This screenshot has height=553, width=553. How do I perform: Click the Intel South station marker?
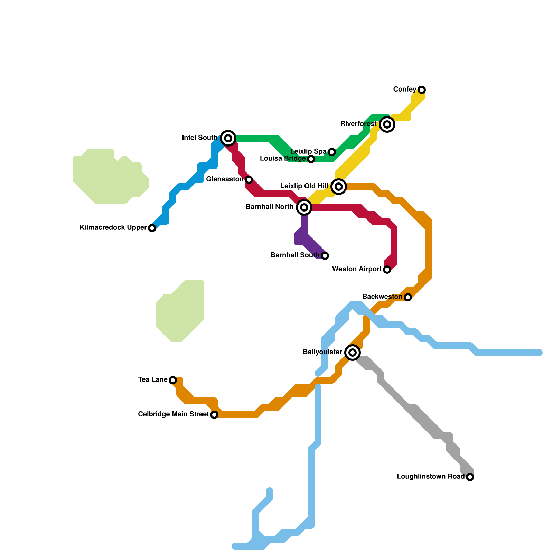pyautogui.click(x=228, y=138)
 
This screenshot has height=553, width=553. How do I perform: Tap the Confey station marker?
pyautogui.click(x=422, y=90)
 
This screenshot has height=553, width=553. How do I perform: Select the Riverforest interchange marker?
pyautogui.click(x=387, y=124)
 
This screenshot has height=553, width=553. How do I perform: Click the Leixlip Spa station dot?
pyautogui.click(x=332, y=152)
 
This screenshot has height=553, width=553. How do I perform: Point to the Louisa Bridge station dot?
pyautogui.click(x=311, y=159)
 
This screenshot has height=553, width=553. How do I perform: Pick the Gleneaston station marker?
pyautogui.click(x=249, y=180)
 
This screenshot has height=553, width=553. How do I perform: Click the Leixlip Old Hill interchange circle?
pyautogui.click(x=339, y=187)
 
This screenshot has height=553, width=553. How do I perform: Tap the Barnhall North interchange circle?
pyautogui.click(x=304, y=207)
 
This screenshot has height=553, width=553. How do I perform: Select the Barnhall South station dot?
pyautogui.click(x=325, y=256)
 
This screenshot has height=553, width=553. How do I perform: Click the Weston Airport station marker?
pyautogui.click(x=387, y=270)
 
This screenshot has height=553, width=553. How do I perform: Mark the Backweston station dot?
pyautogui.click(x=408, y=297)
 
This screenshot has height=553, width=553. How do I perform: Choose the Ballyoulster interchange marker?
pyautogui.click(x=353, y=353)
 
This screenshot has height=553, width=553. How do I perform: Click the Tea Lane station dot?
pyautogui.click(x=173, y=380)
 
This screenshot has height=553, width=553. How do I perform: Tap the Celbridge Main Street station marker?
pyautogui.click(x=214, y=415)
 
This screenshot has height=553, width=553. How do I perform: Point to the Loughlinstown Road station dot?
pyautogui.click(x=470, y=477)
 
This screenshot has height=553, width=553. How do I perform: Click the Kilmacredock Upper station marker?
pyautogui.click(x=152, y=228)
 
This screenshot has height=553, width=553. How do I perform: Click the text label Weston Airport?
pyautogui.click(x=357, y=269)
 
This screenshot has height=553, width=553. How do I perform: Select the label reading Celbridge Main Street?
pyautogui.click(x=173, y=414)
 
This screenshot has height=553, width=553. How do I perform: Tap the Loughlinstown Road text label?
pyautogui.click(x=431, y=477)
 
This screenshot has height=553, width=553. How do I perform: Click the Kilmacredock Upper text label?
pyautogui.click(x=113, y=228)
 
